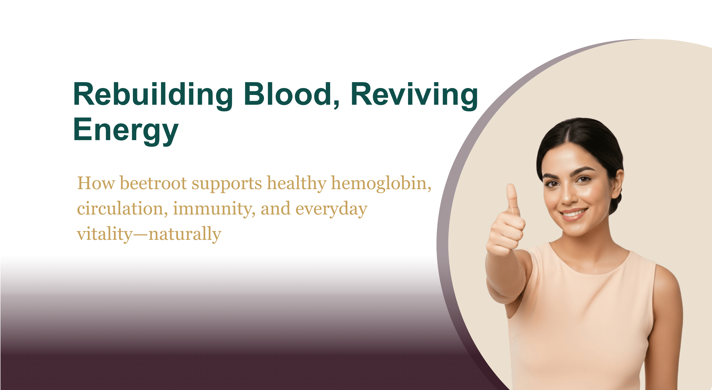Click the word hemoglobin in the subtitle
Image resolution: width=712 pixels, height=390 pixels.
(381, 184)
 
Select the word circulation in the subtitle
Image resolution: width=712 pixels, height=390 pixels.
(122, 209)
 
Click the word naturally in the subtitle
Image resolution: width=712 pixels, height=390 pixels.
(185, 234)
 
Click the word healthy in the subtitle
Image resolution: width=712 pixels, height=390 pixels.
(296, 184)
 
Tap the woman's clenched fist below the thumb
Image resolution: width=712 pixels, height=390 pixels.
(506, 234)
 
